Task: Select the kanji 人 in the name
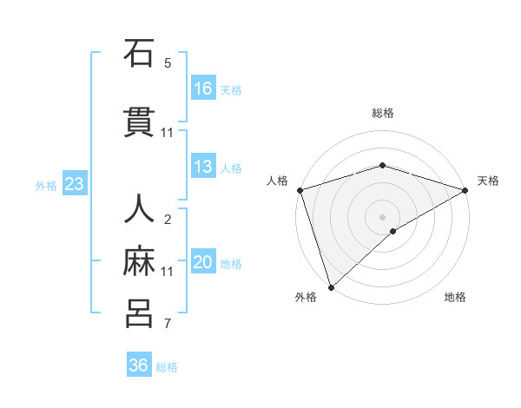[x=139, y=211]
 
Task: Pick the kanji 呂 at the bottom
[x=139, y=314]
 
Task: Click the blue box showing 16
[x=203, y=89]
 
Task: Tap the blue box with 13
[x=203, y=167]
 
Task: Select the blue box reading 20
[x=203, y=262]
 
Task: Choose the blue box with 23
[x=74, y=184]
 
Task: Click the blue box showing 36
[x=139, y=365]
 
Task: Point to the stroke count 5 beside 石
[x=168, y=63]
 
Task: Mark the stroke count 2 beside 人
[x=168, y=220]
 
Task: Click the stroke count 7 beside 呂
[x=168, y=325]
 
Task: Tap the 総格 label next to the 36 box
[x=167, y=367]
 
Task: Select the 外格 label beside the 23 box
[x=46, y=185]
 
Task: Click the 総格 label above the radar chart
[x=383, y=113]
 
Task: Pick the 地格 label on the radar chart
[x=455, y=298]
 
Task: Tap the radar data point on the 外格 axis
[x=331, y=287]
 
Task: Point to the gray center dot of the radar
[x=383, y=216]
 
